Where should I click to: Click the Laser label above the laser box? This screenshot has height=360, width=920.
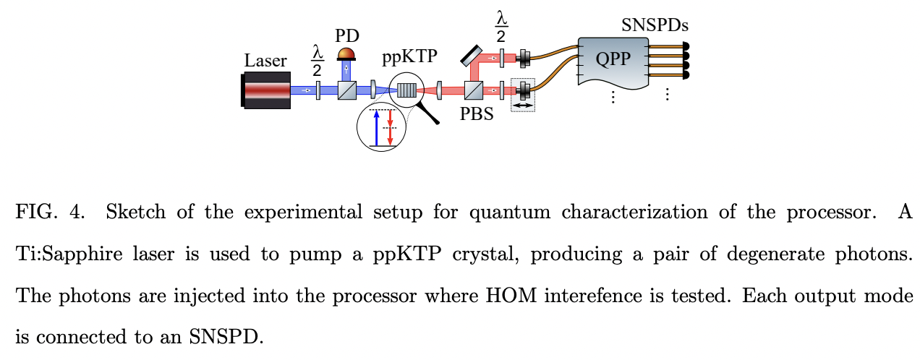pyautogui.click(x=265, y=61)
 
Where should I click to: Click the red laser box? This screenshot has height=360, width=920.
pyautogui.click(x=267, y=90)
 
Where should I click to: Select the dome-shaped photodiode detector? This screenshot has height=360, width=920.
pyautogui.click(x=347, y=53)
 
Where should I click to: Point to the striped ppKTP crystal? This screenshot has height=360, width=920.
pyautogui.click(x=408, y=90)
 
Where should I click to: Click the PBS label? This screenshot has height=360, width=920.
pyautogui.click(x=478, y=114)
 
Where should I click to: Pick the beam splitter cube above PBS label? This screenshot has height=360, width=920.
pyautogui.click(x=474, y=90)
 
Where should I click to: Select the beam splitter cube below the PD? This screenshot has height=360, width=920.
pyautogui.click(x=347, y=90)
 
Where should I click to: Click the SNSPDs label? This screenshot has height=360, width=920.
pyautogui.click(x=655, y=26)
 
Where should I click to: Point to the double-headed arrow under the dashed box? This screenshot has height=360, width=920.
pyautogui.click(x=522, y=106)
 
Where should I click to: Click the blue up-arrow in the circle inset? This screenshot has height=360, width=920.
pyautogui.click(x=376, y=127)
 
